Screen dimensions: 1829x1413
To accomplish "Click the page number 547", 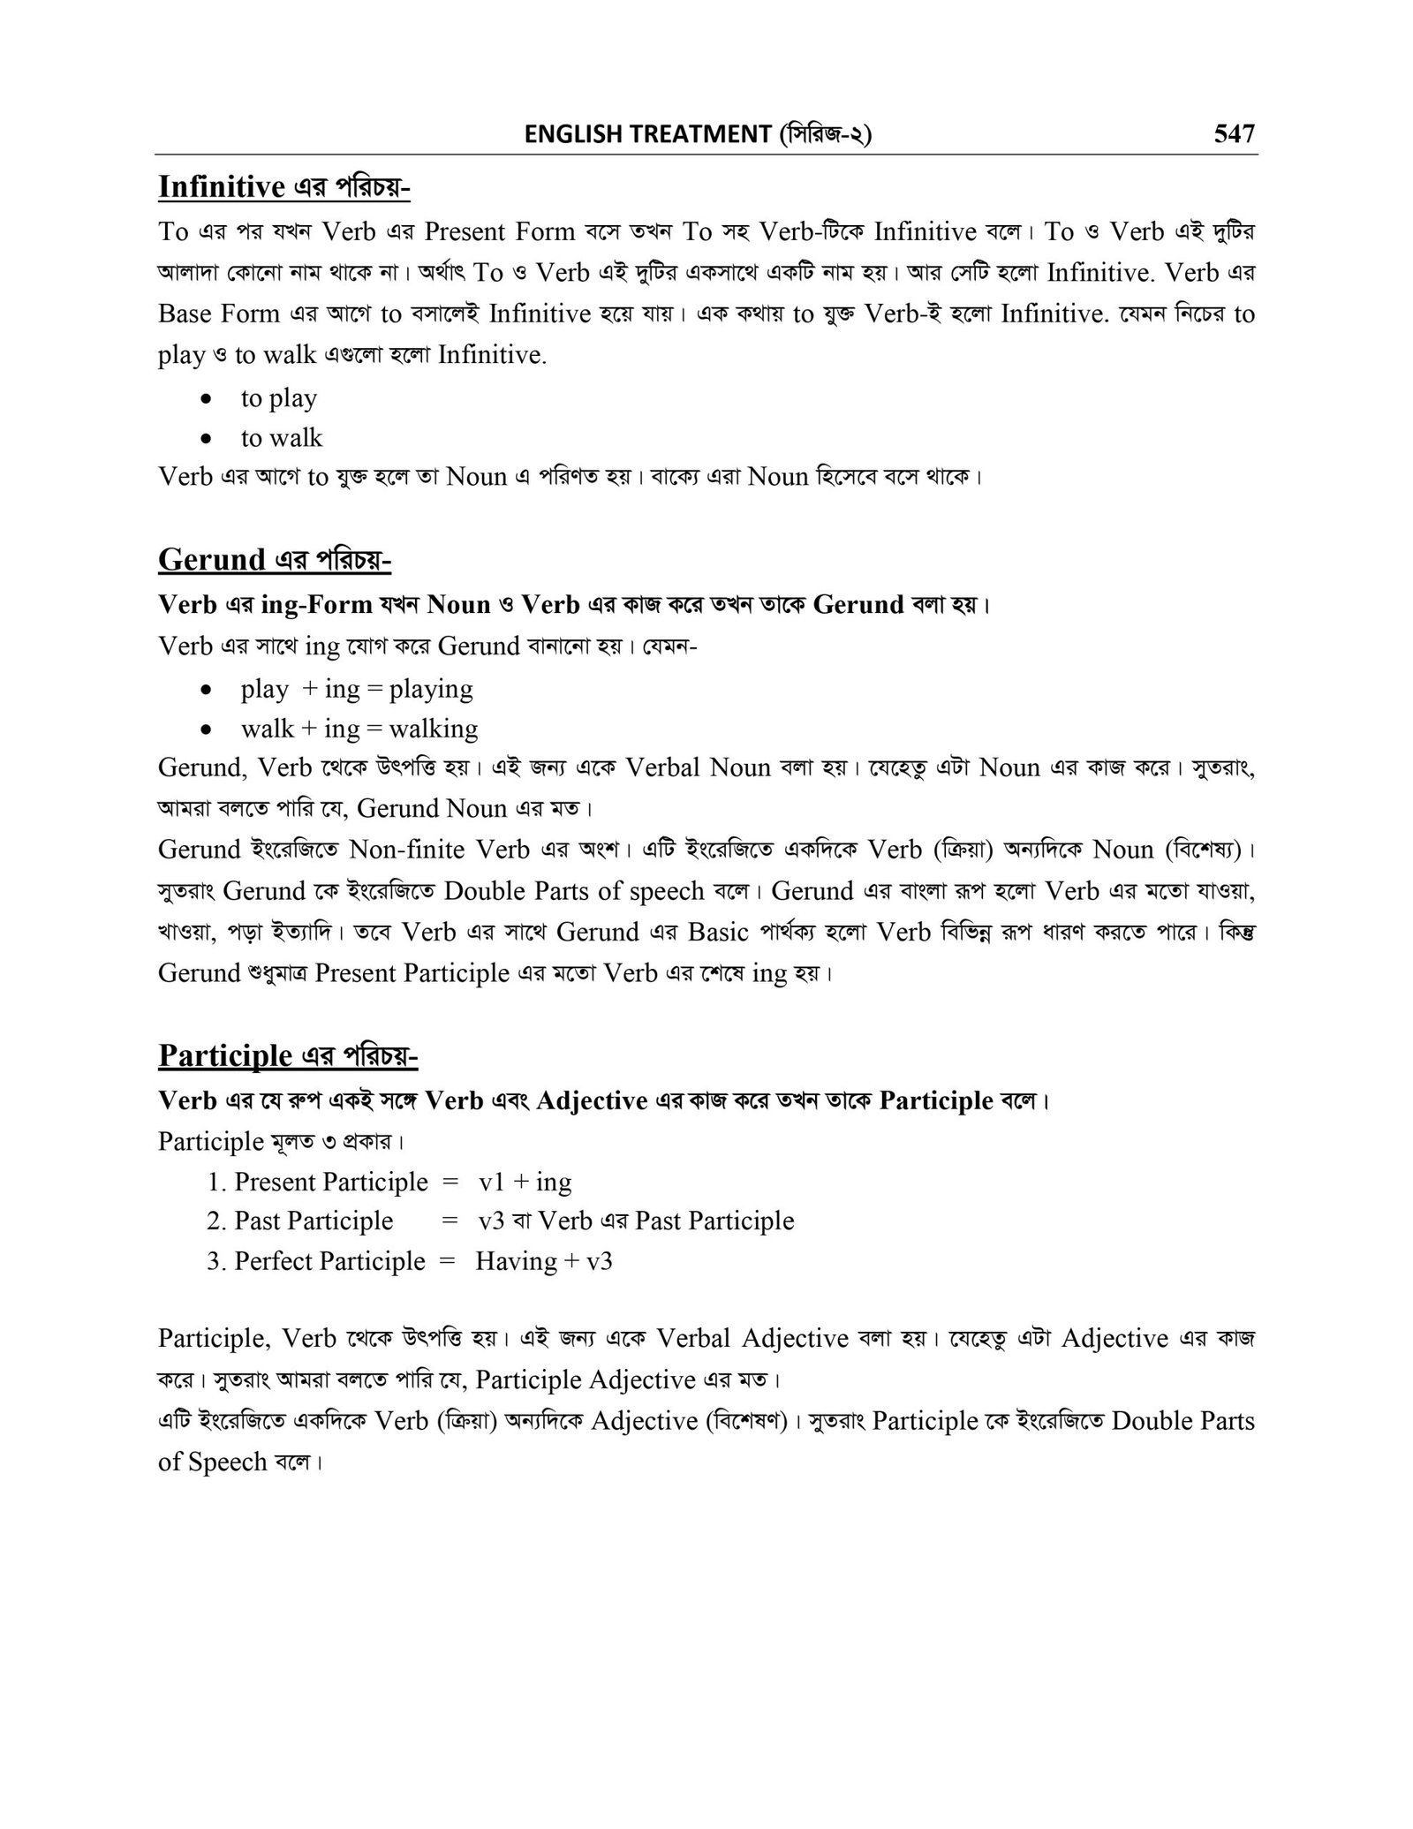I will (x=1234, y=134).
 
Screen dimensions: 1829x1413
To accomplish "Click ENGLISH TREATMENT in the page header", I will (x=647, y=134).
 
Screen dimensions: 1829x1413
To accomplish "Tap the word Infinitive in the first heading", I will (x=221, y=186).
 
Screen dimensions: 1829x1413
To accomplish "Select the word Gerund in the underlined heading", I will (x=212, y=559).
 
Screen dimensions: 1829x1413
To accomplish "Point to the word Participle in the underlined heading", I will (x=225, y=1054).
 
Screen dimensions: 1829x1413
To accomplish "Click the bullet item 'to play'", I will (x=278, y=398).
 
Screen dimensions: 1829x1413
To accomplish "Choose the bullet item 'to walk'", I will (x=282, y=438).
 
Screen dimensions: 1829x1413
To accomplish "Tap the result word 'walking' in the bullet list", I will (x=434, y=729).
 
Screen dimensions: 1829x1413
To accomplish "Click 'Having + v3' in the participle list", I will (x=544, y=1261).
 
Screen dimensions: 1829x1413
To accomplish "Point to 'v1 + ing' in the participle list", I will (x=525, y=1182).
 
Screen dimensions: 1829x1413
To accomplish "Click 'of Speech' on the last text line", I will (x=213, y=1462).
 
